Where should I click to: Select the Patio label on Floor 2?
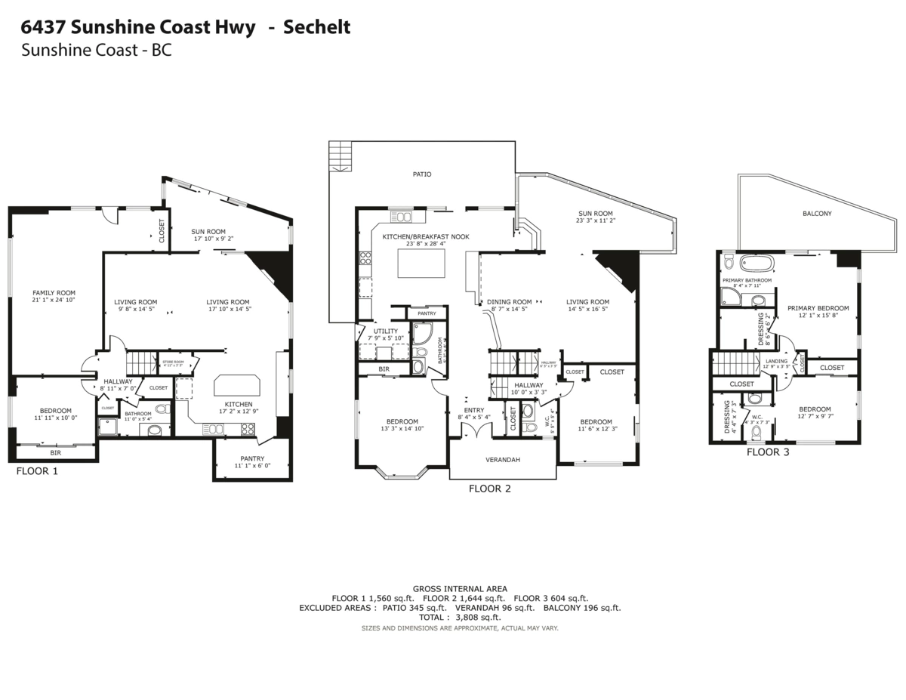coord(422,174)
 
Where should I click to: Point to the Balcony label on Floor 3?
coord(817,214)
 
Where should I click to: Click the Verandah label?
coord(502,459)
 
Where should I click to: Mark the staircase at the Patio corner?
coord(340,157)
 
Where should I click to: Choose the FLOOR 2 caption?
coord(489,489)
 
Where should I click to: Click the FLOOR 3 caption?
coord(768,452)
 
